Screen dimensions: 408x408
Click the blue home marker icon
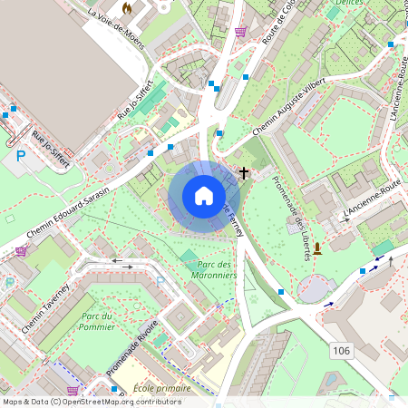click(204, 196)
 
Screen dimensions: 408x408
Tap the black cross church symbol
click(243, 171)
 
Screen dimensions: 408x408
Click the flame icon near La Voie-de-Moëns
click(127, 7)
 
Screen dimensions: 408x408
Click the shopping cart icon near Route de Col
click(240, 32)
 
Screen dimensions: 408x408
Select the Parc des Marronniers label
click(214, 269)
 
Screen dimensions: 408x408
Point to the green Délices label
click(349, 4)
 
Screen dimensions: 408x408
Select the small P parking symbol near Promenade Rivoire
click(160, 281)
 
